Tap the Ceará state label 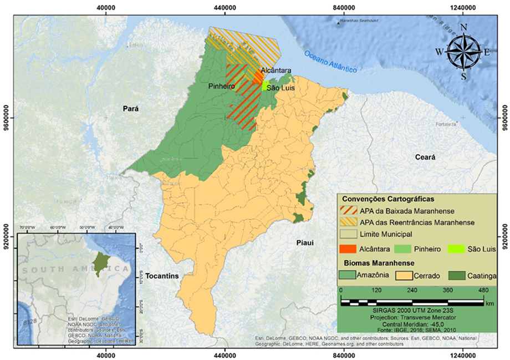tap(426, 157)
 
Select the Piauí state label tap(305, 243)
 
